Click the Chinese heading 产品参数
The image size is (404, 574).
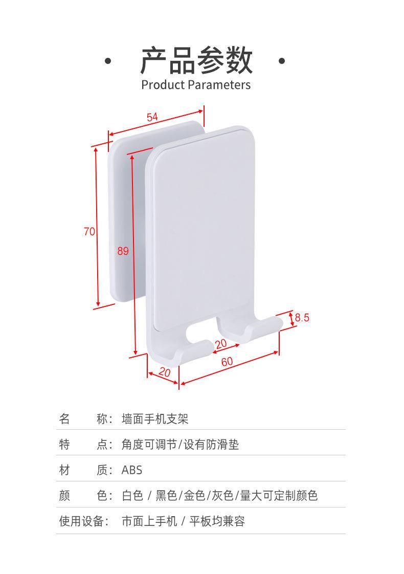pos(196,60)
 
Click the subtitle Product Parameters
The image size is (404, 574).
pos(196,85)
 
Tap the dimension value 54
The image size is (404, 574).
pos(152,117)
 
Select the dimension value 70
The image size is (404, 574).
pos(89,231)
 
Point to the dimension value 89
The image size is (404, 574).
pos(123,251)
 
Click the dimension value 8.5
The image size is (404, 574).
pos(302,317)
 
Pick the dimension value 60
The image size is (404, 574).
pos(227,361)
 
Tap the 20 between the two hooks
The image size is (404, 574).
pos(221,344)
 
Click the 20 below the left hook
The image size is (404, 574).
pos(165,372)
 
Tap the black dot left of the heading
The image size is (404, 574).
pos(108,61)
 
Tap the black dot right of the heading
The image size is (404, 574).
pos(282,61)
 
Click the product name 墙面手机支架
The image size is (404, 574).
pos(155,419)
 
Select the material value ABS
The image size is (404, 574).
pos(132,470)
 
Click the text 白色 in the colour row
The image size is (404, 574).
pos(132,496)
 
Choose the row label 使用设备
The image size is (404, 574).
pos(84,521)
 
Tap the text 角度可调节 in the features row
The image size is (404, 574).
pos(149,445)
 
